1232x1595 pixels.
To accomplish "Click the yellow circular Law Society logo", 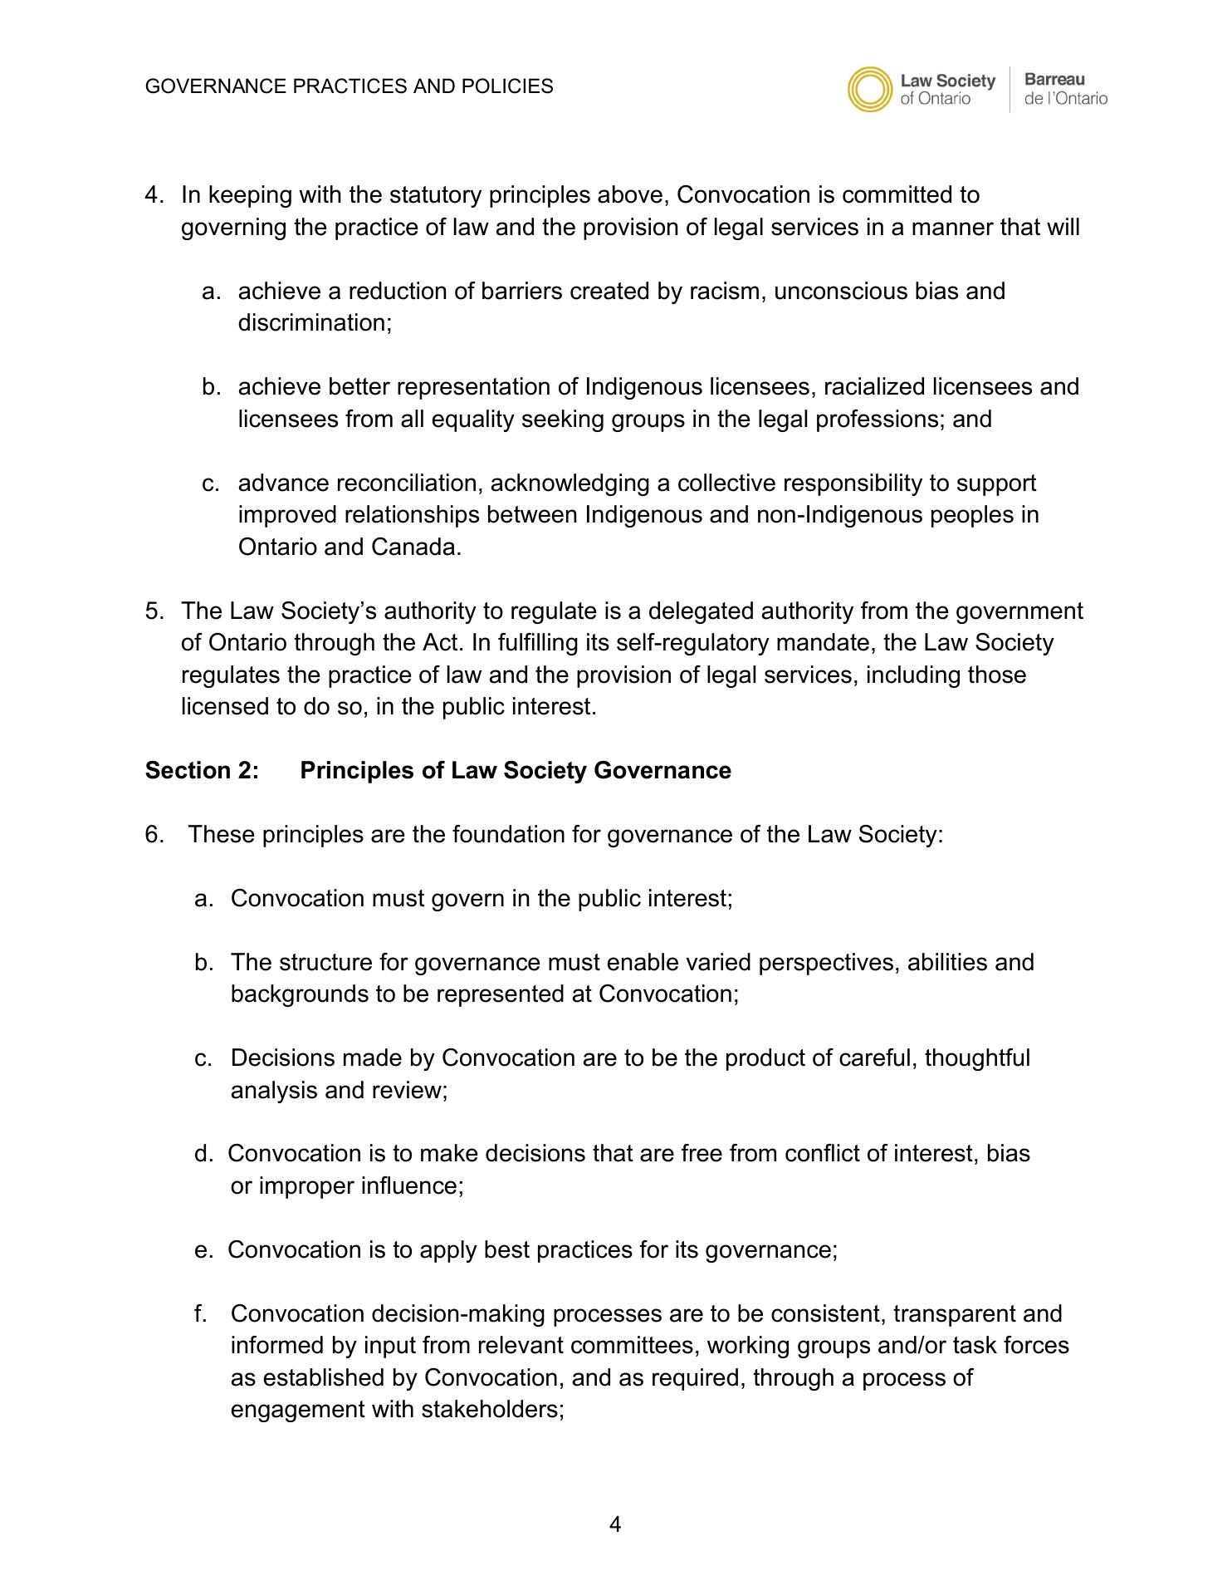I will [870, 89].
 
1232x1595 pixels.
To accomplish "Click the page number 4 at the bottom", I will [615, 1524].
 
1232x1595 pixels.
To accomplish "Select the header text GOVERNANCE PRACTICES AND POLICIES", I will [349, 86].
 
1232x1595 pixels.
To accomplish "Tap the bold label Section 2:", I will [202, 771].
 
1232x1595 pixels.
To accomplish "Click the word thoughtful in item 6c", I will [977, 1058].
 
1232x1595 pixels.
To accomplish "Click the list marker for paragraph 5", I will [154, 611].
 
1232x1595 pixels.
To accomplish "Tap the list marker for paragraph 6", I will [154, 835].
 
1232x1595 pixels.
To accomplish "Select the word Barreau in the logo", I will [1054, 80].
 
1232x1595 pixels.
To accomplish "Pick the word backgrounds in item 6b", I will [299, 994].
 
